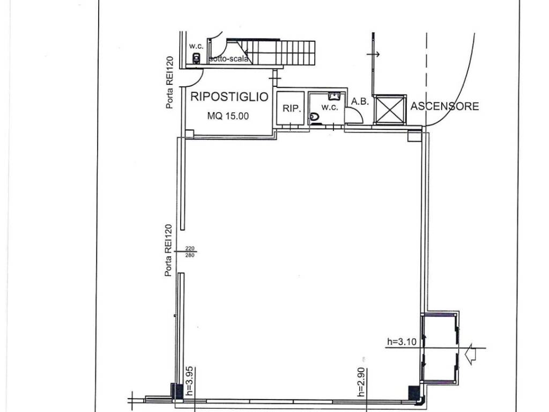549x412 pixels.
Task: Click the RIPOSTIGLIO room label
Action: (x=229, y=97)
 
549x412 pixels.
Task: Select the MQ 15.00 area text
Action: (x=228, y=115)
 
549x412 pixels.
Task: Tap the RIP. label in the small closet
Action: (x=290, y=108)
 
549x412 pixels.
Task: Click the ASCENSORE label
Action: (x=444, y=106)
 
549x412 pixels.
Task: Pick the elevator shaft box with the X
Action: (x=389, y=109)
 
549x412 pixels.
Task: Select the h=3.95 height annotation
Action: (x=188, y=381)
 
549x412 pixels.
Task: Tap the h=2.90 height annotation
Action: (x=362, y=381)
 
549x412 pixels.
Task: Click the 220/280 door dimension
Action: (x=190, y=252)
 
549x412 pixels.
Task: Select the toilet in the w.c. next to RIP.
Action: (x=314, y=117)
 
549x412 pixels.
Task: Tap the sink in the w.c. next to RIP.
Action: (x=335, y=96)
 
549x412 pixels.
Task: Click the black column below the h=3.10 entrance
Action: (x=414, y=393)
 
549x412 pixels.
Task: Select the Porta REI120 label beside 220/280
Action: (x=169, y=250)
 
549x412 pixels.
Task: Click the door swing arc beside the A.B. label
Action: (x=353, y=114)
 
